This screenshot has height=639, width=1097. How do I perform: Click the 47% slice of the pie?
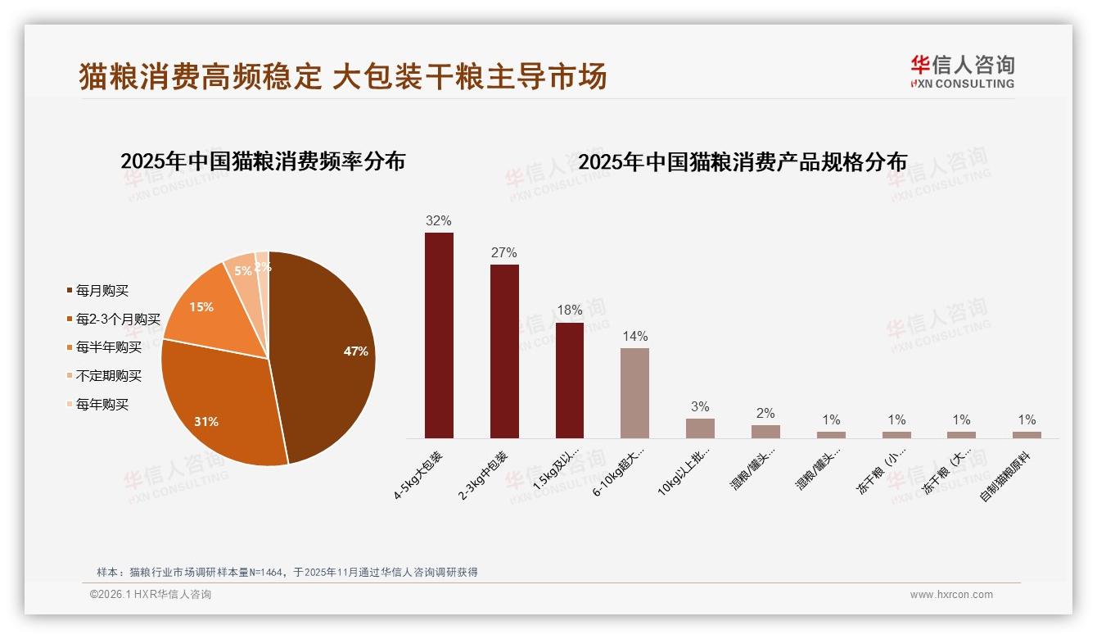pos(327,352)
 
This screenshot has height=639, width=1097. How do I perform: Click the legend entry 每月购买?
pos(102,291)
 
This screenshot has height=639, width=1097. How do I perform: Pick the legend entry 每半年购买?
pos(108,347)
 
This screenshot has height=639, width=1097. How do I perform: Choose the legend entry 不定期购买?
pos(108,376)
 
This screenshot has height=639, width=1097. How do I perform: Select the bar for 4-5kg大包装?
pos(439,336)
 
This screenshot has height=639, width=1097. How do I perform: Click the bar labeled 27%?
pos(504,352)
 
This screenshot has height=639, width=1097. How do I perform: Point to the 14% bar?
pos(634,393)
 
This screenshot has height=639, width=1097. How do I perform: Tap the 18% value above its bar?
pos(569,310)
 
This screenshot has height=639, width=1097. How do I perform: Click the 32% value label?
pos(439,220)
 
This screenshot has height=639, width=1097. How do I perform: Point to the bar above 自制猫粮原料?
pos(1027,435)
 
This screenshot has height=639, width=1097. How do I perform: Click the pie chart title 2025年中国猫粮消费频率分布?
pos(263,161)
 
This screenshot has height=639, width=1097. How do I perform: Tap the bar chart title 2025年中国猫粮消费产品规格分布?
pos(743,162)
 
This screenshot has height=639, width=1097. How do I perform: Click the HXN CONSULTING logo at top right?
pos(962,72)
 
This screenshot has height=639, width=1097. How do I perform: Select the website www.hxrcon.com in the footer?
pos(951,595)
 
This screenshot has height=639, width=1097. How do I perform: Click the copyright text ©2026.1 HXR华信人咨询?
pos(151,595)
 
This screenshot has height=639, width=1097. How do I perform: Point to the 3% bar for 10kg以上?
pos(700,428)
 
